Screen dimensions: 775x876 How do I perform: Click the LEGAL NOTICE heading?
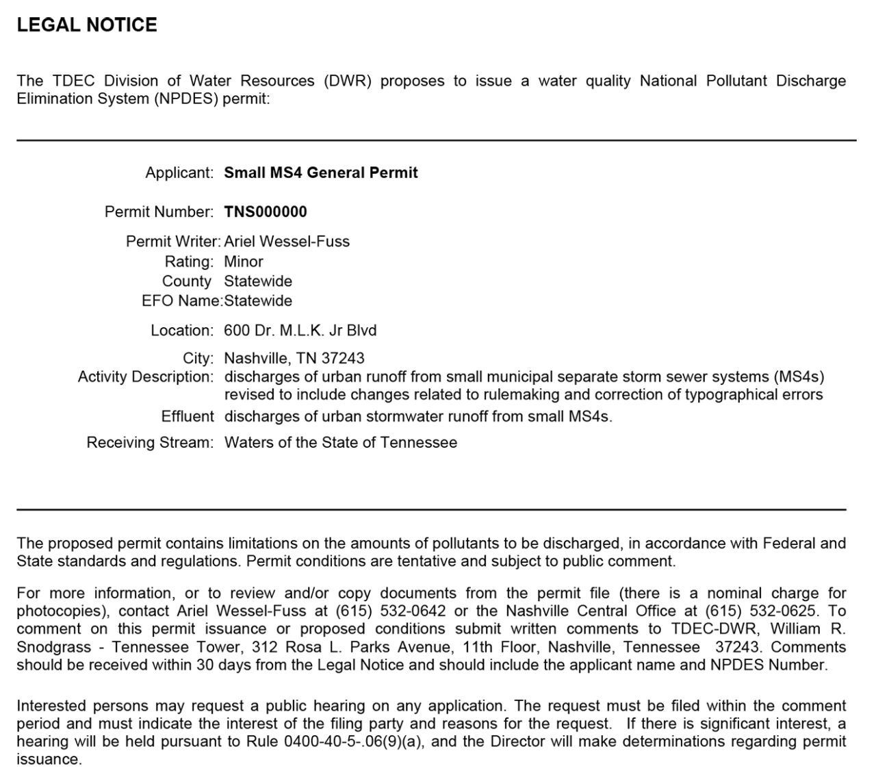pos(87,25)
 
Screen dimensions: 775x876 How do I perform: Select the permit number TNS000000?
pos(266,212)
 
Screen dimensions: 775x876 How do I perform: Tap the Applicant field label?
pos(179,173)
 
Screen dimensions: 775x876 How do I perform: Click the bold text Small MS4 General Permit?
pos(321,173)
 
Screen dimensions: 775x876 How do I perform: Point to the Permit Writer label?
pos(172,242)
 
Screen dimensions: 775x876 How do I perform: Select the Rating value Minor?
pos(244,262)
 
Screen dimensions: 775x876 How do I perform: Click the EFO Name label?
pos(182,301)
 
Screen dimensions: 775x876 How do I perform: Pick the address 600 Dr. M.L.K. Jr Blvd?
pos(300,331)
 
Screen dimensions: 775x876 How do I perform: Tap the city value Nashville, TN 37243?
pos(294,358)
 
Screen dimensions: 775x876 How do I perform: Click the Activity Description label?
pos(146,377)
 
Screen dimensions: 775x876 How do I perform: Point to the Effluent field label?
pos(188,416)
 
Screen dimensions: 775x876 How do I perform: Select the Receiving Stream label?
pos(150,442)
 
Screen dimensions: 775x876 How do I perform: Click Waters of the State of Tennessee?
pos(341,442)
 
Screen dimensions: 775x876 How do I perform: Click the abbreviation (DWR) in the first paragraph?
pos(348,81)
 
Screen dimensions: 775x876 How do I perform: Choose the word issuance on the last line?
pos(49,759)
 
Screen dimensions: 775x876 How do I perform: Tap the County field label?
pos(187,281)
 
